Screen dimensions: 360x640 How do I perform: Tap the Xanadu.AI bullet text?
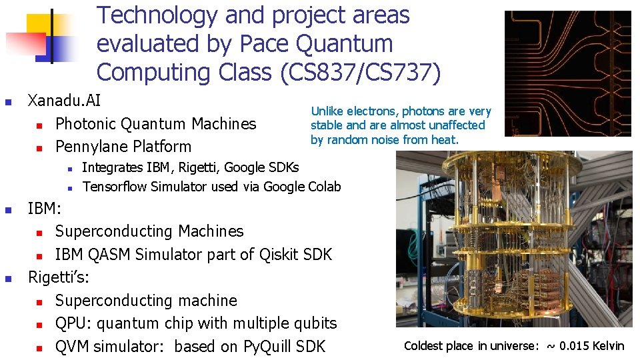[64, 101]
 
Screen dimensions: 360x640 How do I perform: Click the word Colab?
[325, 187]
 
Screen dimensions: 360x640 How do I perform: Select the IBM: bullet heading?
[44, 209]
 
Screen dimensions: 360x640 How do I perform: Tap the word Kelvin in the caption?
[607, 345]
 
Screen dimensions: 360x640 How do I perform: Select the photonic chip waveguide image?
[567, 73]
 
